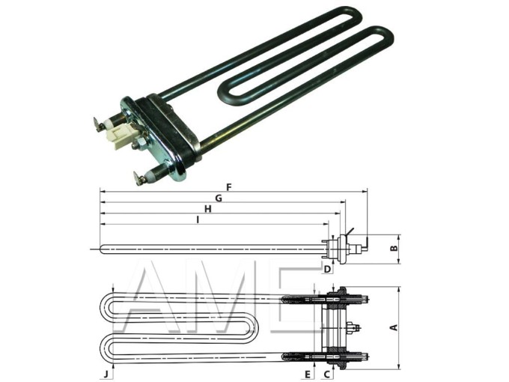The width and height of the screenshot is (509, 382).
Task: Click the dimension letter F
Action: tap(228, 187)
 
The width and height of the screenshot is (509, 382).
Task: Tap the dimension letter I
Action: tap(197, 219)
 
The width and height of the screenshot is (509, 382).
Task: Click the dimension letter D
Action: tap(327, 268)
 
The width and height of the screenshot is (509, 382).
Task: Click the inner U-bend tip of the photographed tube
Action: tap(225, 94)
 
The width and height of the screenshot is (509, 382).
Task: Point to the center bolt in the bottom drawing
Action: tap(354, 327)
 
